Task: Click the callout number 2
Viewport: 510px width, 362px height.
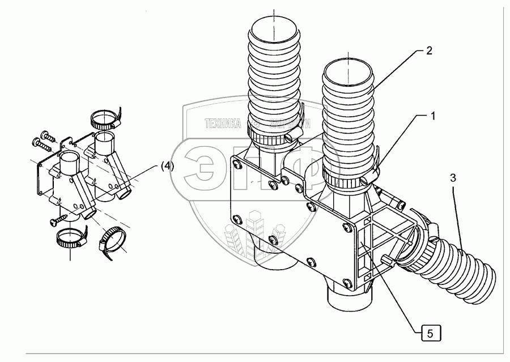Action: click(429, 50)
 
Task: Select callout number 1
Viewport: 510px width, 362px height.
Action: click(432, 117)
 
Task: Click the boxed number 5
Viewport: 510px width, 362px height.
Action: click(430, 333)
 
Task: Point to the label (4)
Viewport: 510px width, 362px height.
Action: click(167, 165)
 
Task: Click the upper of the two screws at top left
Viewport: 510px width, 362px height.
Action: click(47, 137)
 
